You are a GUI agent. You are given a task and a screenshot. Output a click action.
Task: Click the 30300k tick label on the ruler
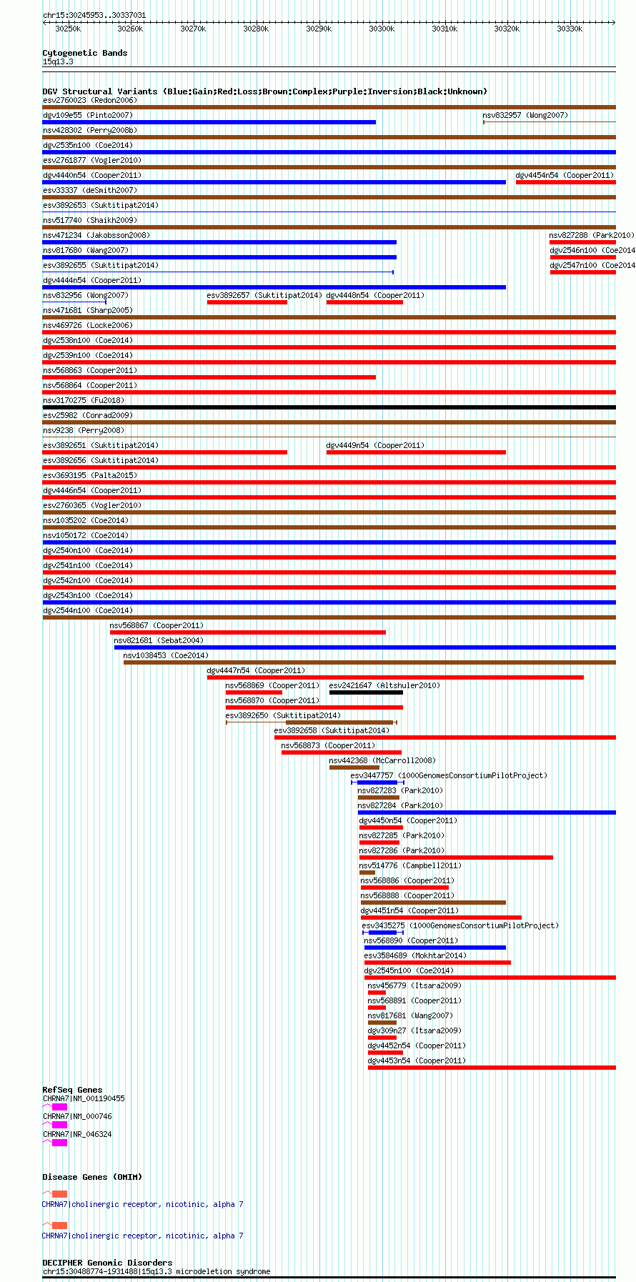[382, 29]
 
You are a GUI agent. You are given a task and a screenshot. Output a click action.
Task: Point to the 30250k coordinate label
[68, 29]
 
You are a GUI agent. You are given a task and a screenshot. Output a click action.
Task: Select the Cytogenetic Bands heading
[84, 53]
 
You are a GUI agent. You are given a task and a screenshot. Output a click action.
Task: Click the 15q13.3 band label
[58, 61]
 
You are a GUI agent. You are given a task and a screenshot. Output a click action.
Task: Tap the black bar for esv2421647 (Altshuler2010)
[366, 692]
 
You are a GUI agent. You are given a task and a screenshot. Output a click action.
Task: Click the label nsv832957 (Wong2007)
[525, 115]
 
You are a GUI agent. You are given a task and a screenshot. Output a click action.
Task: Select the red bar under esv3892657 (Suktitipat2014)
[247, 302]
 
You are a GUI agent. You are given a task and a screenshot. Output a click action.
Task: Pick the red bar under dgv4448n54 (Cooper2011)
[364, 302]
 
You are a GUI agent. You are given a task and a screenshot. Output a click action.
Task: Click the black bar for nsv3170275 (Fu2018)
[329, 407]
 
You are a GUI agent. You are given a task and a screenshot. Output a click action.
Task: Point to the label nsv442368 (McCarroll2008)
[382, 760]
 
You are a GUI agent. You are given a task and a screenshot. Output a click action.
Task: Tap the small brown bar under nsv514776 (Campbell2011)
[367, 873]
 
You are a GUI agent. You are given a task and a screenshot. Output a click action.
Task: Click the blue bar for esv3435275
[382, 933]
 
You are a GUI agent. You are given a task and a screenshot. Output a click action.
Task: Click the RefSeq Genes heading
[72, 1090]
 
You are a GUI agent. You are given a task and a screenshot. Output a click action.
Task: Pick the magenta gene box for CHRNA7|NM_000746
[59, 1125]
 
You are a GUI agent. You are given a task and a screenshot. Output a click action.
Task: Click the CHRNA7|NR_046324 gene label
[77, 1134]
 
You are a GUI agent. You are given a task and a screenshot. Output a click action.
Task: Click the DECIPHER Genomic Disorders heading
[107, 1263]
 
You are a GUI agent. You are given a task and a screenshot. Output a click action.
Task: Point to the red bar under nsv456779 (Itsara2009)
[377, 993]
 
